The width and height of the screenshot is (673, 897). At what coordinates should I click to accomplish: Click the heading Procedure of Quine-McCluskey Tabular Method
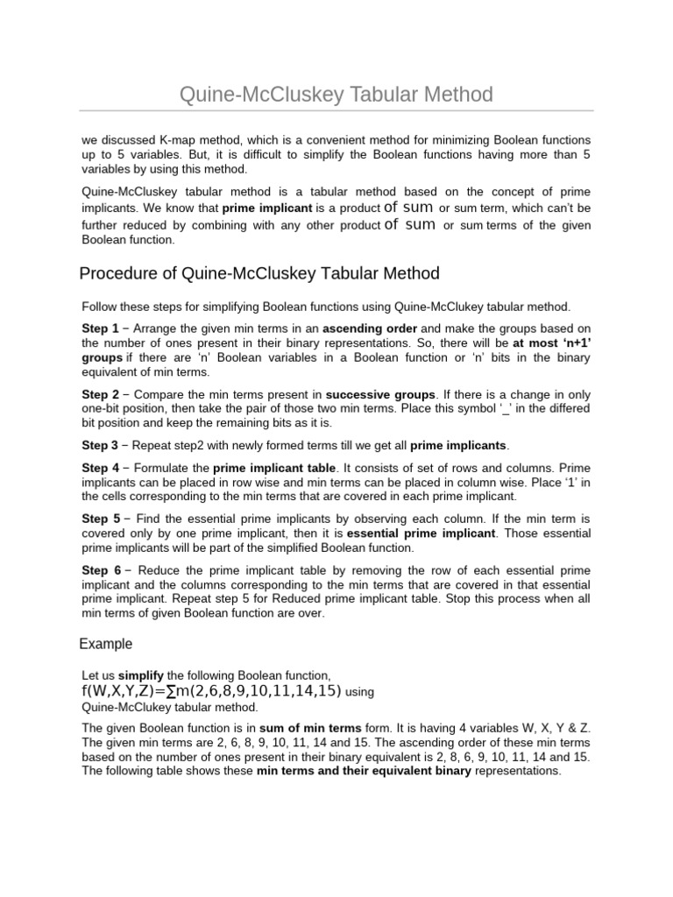[259, 273]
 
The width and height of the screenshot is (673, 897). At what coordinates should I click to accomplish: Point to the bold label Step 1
[100, 328]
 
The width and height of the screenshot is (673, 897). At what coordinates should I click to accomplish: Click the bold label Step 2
[100, 395]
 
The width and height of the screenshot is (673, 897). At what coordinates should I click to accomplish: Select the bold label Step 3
[100, 445]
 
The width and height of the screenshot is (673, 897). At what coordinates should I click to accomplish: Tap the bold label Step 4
[100, 469]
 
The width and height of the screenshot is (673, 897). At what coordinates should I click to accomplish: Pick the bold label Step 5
[100, 519]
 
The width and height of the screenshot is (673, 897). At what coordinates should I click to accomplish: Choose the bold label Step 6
[100, 569]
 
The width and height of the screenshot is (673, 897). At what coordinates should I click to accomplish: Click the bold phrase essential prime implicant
[423, 533]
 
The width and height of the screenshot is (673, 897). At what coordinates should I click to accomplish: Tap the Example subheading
[106, 644]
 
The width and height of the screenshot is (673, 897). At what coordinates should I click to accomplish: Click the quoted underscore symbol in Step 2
[503, 410]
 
